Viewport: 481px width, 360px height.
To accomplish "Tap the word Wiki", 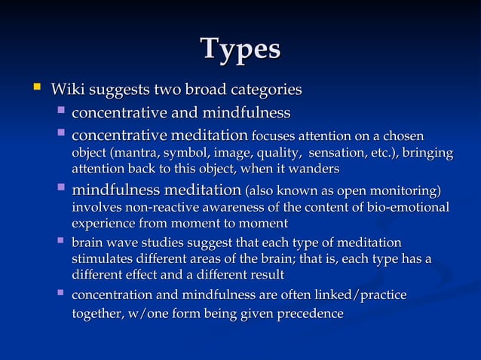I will tap(66, 90).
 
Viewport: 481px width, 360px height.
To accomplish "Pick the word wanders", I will tap(316, 169).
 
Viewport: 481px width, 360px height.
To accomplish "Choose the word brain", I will tap(88, 243).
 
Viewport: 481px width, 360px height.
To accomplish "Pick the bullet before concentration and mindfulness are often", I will tap(60, 294).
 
